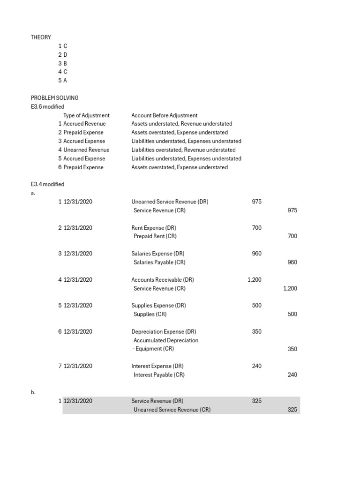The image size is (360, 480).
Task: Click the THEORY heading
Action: [x=41, y=37]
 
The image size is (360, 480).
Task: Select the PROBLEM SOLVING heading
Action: [x=54, y=98]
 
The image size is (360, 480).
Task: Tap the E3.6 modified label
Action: [x=47, y=107]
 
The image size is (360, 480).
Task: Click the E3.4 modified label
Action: [x=47, y=184]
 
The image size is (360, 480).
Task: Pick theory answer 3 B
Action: [x=63, y=63]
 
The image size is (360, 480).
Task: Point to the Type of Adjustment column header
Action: [x=86, y=115]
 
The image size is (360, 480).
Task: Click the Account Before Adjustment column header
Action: [x=164, y=115]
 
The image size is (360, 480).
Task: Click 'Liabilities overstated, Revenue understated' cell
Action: [x=183, y=150]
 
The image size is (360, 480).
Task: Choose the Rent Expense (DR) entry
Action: [x=154, y=228]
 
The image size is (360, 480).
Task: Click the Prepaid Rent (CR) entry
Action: [x=155, y=236]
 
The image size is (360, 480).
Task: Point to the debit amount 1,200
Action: [x=255, y=280]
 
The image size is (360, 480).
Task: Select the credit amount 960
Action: [x=292, y=262]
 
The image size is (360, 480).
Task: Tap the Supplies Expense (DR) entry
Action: [x=158, y=306]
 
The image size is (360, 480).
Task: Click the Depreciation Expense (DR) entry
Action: [x=164, y=332]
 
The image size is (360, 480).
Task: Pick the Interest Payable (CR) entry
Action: [x=159, y=375]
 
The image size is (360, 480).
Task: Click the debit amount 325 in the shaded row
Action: [x=256, y=401]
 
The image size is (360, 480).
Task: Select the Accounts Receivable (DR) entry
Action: [x=162, y=280]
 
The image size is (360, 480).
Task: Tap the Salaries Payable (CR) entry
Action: [x=159, y=262]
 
